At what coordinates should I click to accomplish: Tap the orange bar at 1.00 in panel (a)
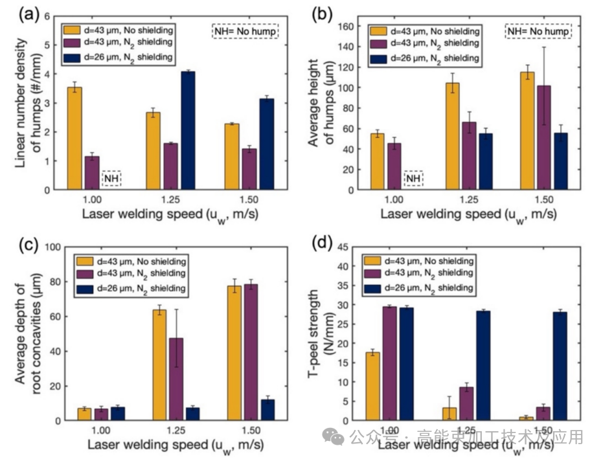tap(75, 139)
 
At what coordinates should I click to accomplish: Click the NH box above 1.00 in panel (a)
tap(112, 177)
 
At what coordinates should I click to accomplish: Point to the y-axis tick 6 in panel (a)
tap(47, 16)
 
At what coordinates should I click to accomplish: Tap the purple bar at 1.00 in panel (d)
tap(389, 363)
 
